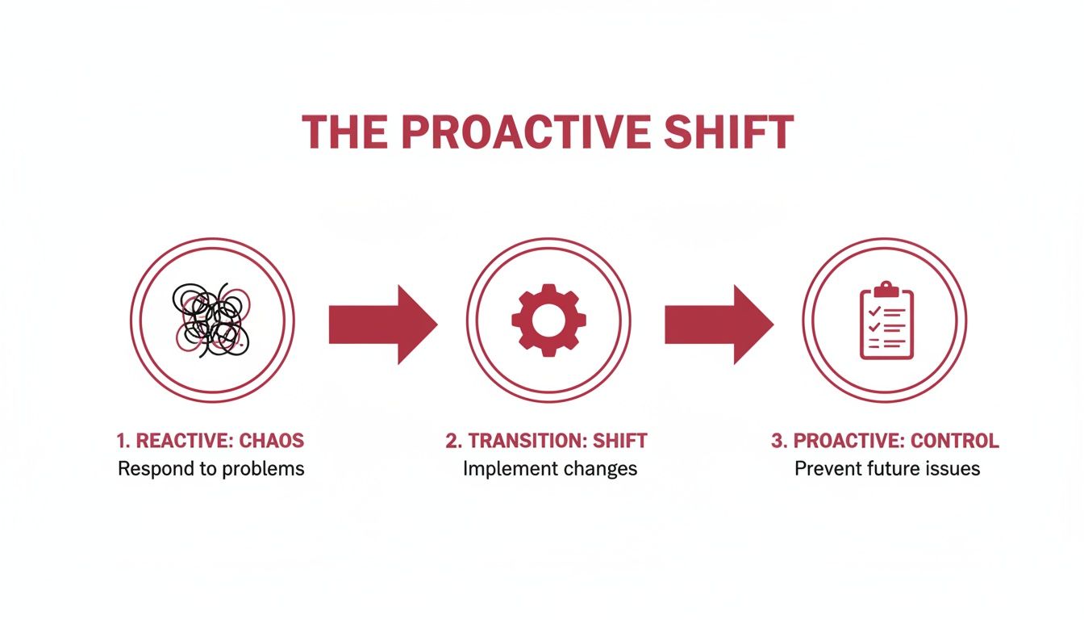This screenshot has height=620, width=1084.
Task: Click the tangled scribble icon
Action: pyautogui.click(x=212, y=320)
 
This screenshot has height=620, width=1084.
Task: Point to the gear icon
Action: pyautogui.click(x=548, y=320)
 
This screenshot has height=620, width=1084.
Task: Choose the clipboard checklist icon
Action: pyautogui.click(x=886, y=320)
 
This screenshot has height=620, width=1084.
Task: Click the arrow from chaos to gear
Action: pyautogui.click(x=382, y=325)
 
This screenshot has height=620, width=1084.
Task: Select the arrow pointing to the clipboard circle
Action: pyautogui.click(x=718, y=325)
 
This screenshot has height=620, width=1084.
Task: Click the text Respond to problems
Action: pyautogui.click(x=211, y=468)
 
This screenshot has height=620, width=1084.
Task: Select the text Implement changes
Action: pyautogui.click(x=550, y=468)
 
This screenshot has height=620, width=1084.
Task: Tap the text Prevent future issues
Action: pyautogui.click(x=887, y=468)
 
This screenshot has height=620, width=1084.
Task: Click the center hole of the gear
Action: pyautogui.click(x=548, y=320)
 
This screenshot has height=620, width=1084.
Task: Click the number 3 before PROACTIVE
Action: pyautogui.click(x=777, y=441)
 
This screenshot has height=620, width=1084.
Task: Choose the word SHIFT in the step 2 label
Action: pyautogui.click(x=621, y=441)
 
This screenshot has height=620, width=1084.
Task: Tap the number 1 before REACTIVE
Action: pyautogui.click(x=122, y=441)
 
